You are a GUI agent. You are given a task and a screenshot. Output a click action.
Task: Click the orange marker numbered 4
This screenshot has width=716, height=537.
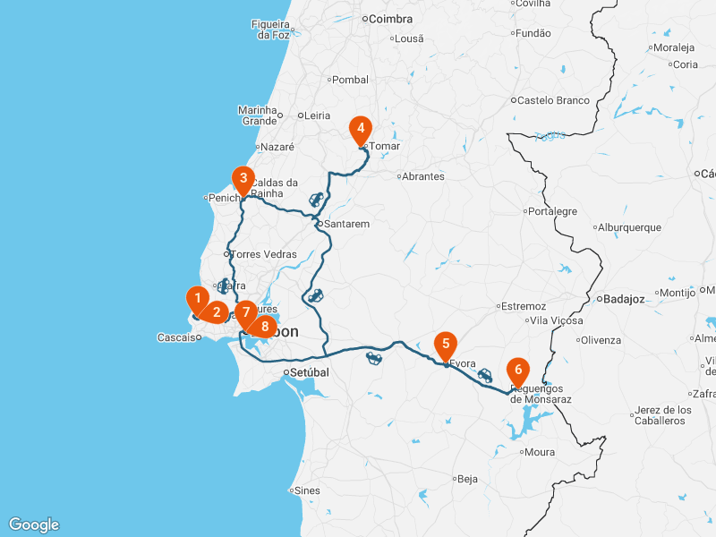361,129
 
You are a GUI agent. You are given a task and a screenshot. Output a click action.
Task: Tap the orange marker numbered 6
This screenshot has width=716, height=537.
517,369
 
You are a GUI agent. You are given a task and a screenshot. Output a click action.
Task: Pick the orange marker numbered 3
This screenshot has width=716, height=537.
243,178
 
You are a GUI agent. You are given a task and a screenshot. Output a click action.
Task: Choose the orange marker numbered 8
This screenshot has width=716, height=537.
264,327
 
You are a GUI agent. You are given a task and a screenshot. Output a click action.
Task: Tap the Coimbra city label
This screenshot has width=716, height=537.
391,19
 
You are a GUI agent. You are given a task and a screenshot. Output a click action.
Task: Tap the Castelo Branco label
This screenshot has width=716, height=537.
553,100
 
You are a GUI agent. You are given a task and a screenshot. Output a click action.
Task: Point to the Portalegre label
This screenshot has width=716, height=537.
552,212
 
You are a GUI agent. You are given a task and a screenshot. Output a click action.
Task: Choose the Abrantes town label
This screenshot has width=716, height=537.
422,176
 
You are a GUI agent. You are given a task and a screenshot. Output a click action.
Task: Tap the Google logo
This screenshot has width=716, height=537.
34,524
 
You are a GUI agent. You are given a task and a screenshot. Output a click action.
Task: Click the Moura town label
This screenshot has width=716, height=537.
539,452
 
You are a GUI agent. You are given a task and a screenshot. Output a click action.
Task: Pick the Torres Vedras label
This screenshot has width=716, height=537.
263,254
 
